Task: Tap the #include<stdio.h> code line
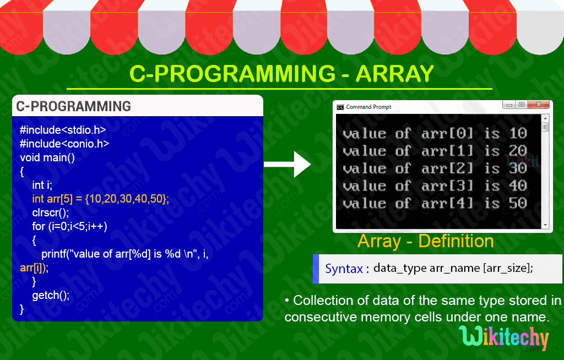point(62,130)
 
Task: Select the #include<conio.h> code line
point(64,144)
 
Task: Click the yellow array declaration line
point(100,199)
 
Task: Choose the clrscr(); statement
point(51,212)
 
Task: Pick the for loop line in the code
point(69,226)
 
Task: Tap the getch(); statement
point(51,295)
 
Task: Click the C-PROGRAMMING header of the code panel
point(73,106)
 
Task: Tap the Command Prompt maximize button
point(521,104)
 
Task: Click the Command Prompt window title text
point(368,107)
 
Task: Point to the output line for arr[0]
point(435,133)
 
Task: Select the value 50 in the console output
point(518,203)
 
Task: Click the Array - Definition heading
point(425,241)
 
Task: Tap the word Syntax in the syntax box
point(344,269)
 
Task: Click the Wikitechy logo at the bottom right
point(503,338)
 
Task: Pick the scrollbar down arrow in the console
point(545,225)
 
